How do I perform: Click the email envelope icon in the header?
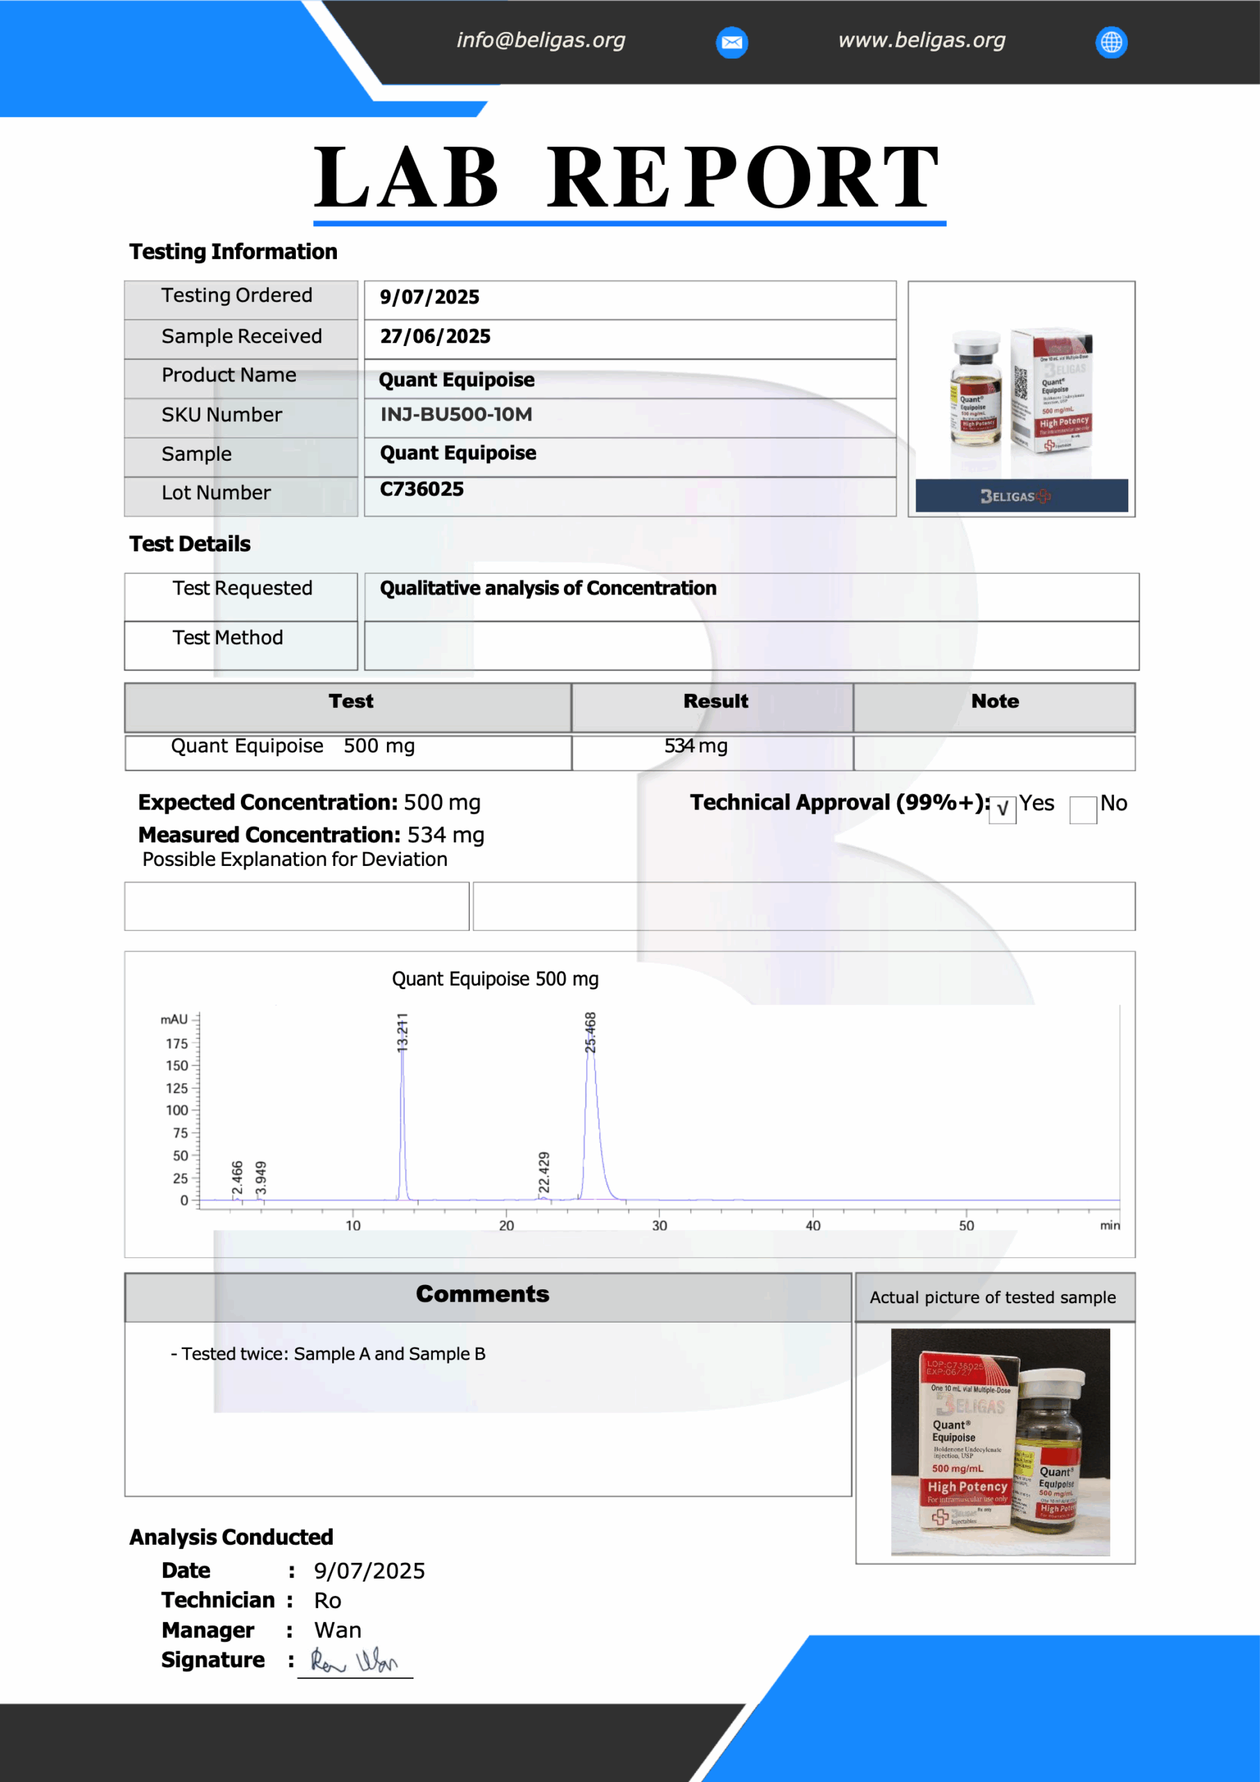[732, 42]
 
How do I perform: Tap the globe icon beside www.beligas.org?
[1111, 42]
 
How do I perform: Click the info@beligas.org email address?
[540, 40]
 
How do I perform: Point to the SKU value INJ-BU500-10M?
[456, 414]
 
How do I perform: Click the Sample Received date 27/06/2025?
[435, 337]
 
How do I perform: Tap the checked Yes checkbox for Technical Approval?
[1002, 810]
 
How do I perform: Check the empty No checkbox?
[1083, 810]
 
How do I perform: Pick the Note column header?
[995, 702]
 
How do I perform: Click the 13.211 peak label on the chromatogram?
[402, 1032]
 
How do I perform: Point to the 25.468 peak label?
[591, 1032]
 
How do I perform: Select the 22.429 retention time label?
[544, 1172]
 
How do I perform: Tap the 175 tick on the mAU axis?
[177, 1044]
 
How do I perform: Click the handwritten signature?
[354, 1661]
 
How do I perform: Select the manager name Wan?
[338, 1630]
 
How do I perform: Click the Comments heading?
[482, 1294]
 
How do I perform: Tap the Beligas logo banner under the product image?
[1021, 496]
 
